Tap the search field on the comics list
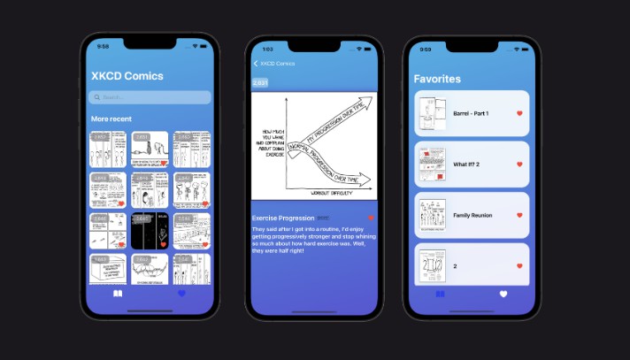point(149,97)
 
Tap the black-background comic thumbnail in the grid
point(150,230)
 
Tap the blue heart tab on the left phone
point(182,293)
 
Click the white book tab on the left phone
point(118,293)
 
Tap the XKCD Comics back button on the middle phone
point(273,64)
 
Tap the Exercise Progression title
point(283,218)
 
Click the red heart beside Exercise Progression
point(371,218)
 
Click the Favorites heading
point(437,79)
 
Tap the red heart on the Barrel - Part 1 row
point(519,113)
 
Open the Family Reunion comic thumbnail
point(431,215)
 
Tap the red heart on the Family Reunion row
point(519,215)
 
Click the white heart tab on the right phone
point(503,294)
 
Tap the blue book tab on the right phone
point(440,294)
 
